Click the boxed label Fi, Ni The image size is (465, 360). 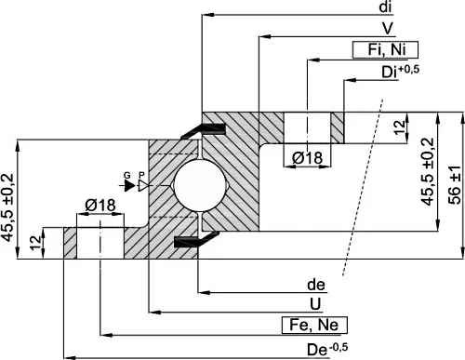point(385,49)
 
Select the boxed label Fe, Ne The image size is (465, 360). point(314,326)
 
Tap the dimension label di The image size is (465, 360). point(386,7)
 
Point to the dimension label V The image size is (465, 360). point(388,28)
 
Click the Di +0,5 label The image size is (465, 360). point(400,72)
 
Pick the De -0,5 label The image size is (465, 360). point(327,349)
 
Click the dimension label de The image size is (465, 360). point(316,285)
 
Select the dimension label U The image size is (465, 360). point(315,304)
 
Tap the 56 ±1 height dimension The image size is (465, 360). point(455,185)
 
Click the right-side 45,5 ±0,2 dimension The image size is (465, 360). point(428,171)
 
